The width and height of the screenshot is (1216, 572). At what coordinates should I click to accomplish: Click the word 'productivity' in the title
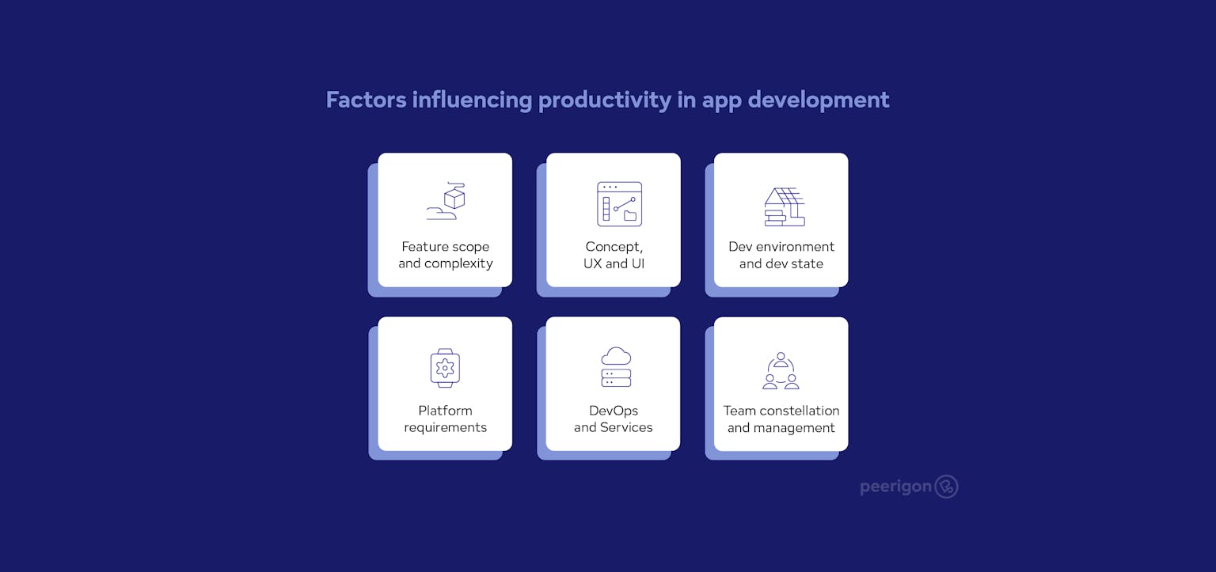tap(604, 100)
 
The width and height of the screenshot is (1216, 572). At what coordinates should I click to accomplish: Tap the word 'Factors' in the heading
tap(366, 100)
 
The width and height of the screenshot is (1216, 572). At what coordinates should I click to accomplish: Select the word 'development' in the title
tap(818, 100)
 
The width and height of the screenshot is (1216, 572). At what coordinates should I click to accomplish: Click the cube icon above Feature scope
tap(446, 201)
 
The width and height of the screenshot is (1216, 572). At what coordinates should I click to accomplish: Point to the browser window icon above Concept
tap(619, 203)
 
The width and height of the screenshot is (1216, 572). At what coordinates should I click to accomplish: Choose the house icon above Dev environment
tap(785, 206)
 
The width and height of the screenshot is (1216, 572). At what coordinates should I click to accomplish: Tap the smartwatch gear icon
tap(445, 367)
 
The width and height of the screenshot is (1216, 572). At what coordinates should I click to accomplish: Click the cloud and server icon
tap(616, 367)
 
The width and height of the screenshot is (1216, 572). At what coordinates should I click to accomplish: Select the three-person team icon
tap(781, 371)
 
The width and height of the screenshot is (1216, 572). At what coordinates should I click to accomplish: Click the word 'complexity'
tap(458, 263)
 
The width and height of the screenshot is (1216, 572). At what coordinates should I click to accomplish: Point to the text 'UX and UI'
tap(614, 263)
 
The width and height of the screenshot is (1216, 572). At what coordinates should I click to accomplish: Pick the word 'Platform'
tap(445, 411)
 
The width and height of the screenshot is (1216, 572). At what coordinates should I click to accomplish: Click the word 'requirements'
tap(445, 428)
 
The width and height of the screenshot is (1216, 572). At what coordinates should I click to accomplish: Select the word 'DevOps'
tap(614, 411)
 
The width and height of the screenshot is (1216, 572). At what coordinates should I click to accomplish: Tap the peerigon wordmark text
tap(895, 487)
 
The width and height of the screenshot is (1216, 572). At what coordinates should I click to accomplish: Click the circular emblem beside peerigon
tap(947, 487)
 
